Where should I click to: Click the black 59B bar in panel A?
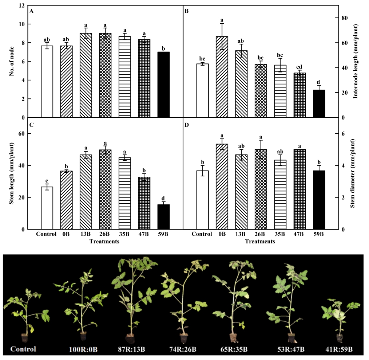point(163,85)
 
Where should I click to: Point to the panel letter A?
point(32,11)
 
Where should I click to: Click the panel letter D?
point(187,126)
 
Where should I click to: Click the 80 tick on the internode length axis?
point(344,18)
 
